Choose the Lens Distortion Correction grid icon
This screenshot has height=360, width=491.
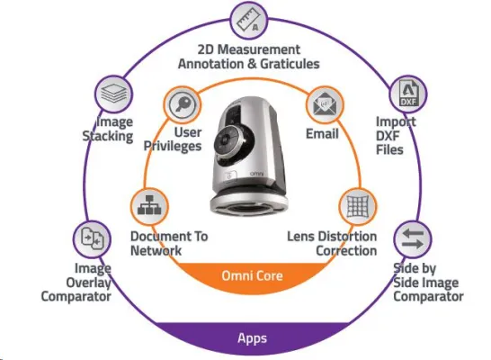tap(358, 205)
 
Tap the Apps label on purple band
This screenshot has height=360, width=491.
tap(252, 338)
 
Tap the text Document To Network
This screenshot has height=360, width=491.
tap(168, 243)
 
